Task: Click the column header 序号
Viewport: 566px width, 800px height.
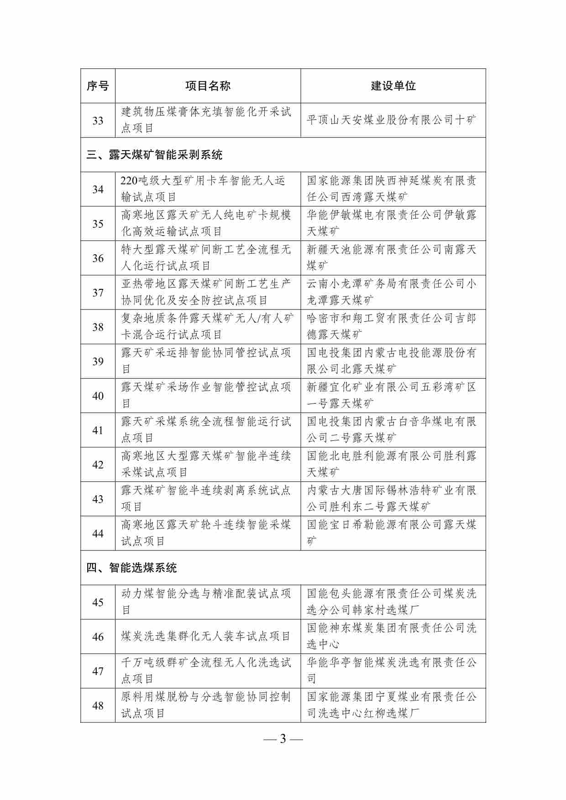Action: coord(98,86)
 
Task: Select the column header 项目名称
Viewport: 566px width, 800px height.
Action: coord(208,86)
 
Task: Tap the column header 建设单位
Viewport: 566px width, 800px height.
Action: coord(393,86)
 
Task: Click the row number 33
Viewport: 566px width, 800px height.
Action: coord(98,120)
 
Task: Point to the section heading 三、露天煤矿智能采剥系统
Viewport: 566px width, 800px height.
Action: coord(154,155)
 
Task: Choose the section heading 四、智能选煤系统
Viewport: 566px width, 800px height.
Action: coord(131,568)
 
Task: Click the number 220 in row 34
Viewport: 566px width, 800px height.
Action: coord(129,181)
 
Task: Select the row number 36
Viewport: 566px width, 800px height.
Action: coord(98,258)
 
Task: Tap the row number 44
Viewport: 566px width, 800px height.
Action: coord(98,533)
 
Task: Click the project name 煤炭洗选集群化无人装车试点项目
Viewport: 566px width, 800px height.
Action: coord(206,637)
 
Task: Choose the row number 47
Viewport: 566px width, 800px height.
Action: coord(98,671)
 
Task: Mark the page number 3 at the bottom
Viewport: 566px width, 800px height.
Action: coord(283,739)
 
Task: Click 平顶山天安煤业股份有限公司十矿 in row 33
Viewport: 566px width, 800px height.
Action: coord(392,120)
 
